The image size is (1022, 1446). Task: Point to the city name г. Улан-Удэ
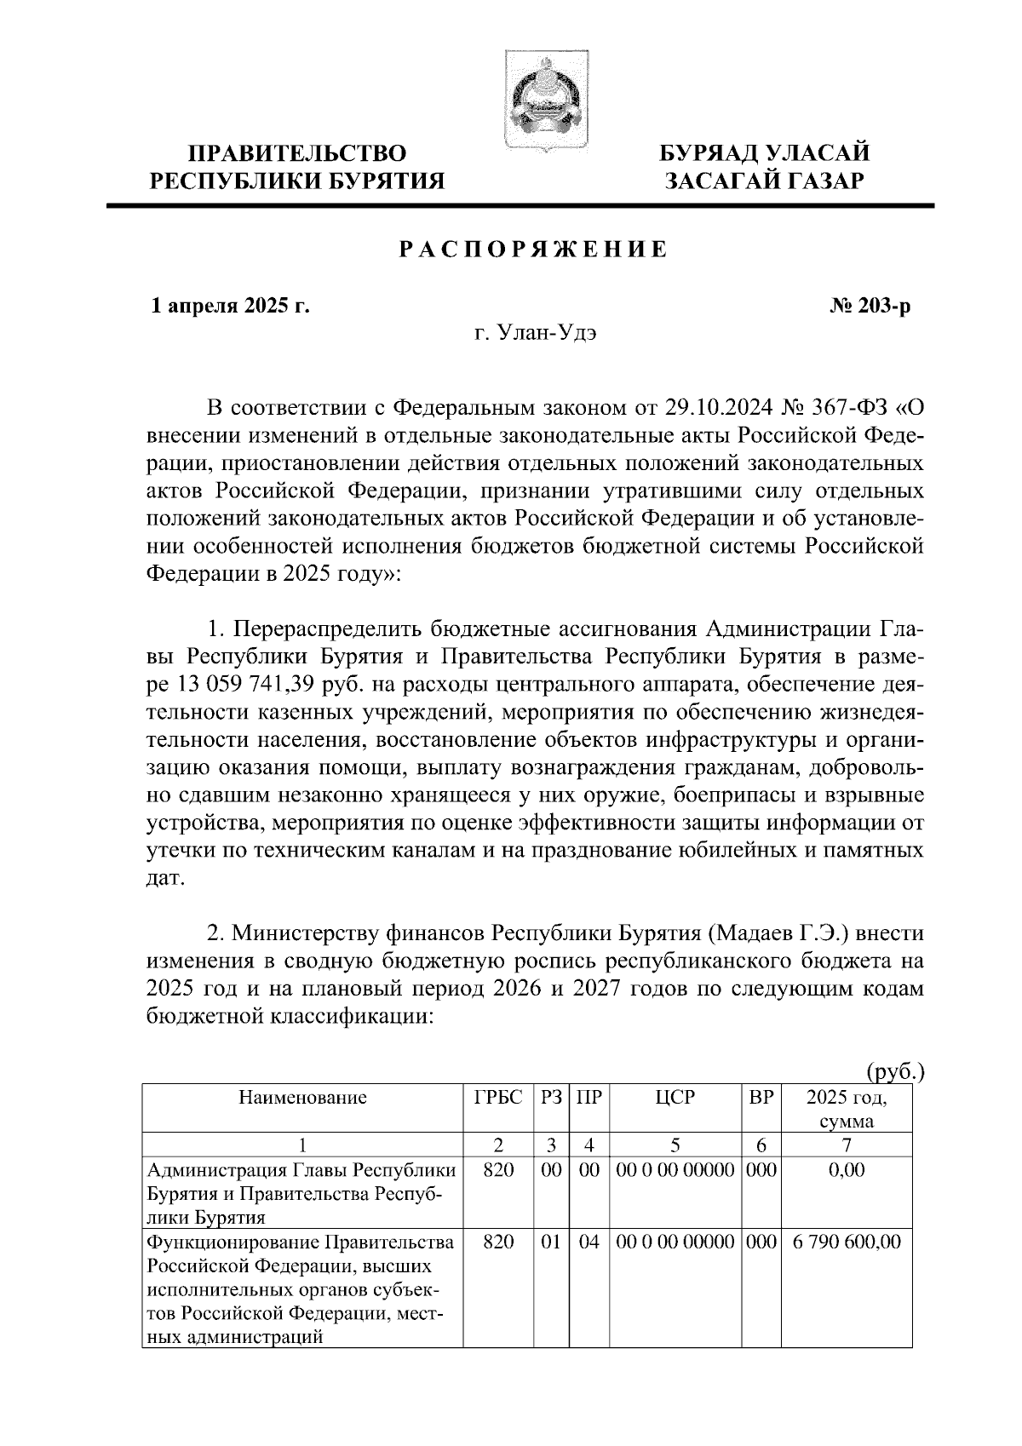tap(535, 334)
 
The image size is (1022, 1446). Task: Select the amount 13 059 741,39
tap(254, 684)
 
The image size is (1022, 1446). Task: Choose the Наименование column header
tap(302, 1098)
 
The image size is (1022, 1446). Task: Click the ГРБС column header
tap(497, 1098)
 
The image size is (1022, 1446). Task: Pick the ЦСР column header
tap(675, 1098)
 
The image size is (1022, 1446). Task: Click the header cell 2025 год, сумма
tap(846, 1109)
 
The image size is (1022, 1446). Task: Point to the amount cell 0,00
tap(846, 1170)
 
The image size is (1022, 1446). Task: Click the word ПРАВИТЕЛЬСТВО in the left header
tap(297, 153)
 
